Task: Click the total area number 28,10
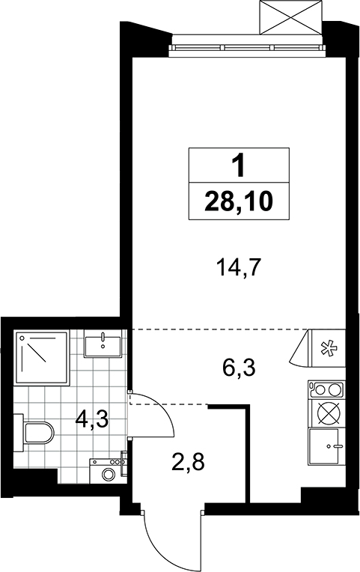click(239, 201)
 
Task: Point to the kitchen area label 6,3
click(239, 368)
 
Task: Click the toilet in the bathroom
click(34, 433)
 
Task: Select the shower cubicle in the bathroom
click(42, 357)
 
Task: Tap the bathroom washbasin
click(103, 344)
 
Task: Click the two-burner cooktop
click(326, 389)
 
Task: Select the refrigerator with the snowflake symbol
click(326, 347)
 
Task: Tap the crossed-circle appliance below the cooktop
click(326, 413)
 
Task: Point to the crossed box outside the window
click(290, 18)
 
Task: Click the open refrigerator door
click(300, 347)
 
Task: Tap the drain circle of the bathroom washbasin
click(103, 346)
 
